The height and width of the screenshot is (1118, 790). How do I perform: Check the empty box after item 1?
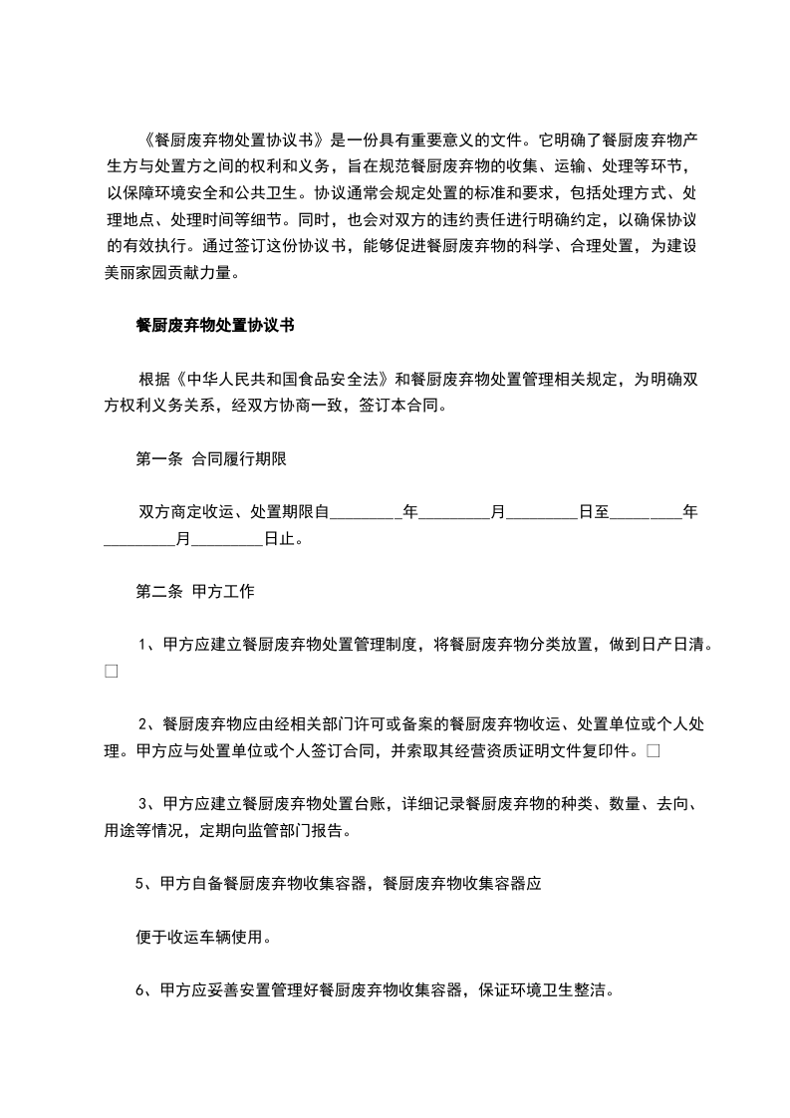point(111,672)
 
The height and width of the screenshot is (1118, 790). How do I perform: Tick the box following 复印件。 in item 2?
point(653,750)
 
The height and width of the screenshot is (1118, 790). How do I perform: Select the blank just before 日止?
point(226,540)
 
